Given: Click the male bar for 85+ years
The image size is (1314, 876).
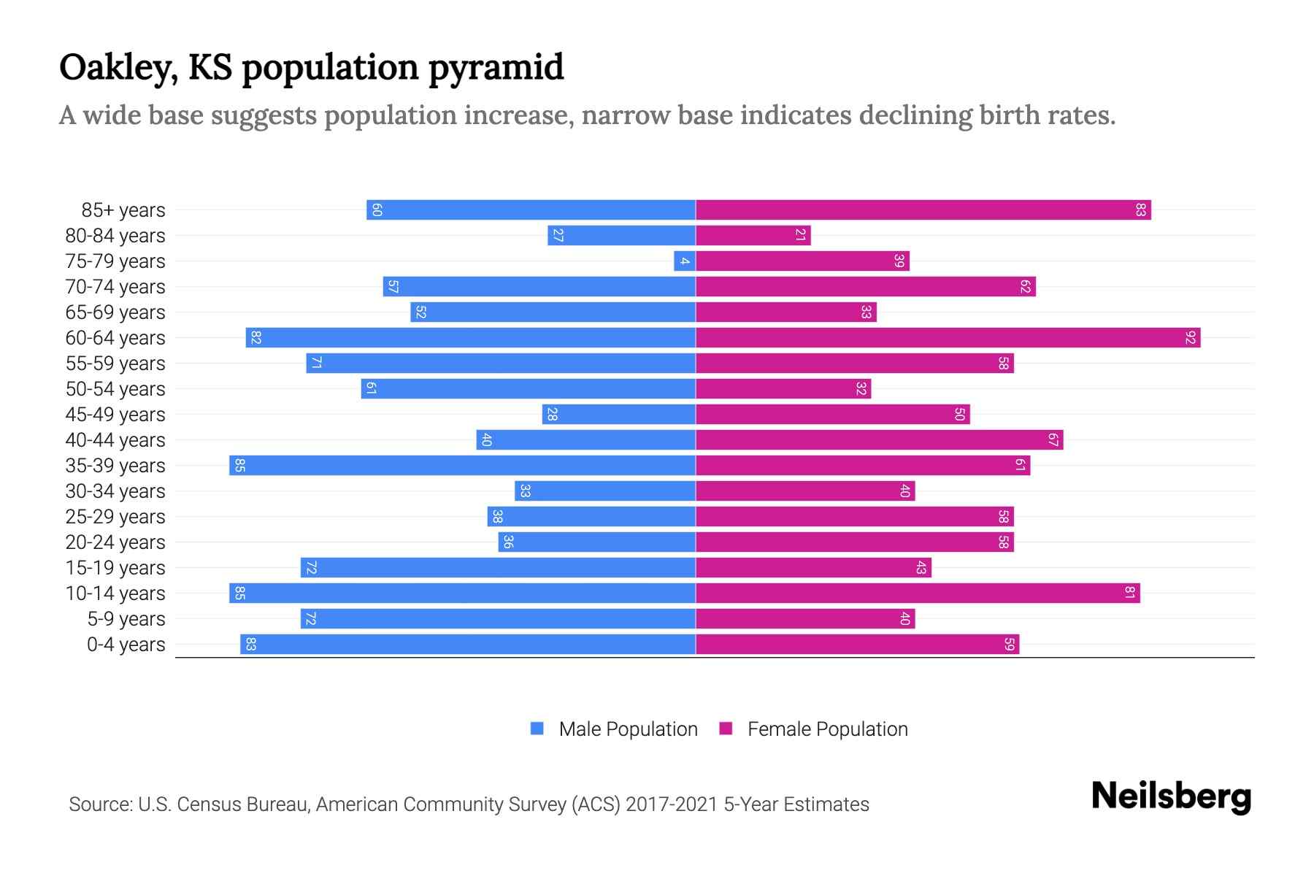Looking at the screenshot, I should click(531, 210).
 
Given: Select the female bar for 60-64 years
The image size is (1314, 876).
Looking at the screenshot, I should click(948, 338).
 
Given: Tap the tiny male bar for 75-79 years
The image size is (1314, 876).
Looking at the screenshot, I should click(685, 261).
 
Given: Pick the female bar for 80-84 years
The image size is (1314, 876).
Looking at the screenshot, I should click(753, 236).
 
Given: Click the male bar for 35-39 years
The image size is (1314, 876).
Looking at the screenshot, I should click(462, 466).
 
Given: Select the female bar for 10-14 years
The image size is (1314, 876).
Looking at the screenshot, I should click(918, 593).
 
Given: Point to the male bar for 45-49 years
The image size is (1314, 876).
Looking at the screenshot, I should click(618, 415).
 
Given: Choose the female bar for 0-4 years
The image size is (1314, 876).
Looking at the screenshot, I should click(857, 645).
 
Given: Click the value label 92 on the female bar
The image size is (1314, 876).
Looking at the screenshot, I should click(1191, 338).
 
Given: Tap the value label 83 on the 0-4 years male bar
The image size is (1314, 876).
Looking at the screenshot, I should click(250, 645).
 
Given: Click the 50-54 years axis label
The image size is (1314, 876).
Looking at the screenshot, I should click(115, 389).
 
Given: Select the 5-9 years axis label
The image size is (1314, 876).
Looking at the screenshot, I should click(126, 619).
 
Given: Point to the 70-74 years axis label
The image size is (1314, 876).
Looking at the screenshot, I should click(115, 287).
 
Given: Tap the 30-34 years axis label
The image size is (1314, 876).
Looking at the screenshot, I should click(115, 491).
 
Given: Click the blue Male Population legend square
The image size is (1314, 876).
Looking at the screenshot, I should click(537, 729).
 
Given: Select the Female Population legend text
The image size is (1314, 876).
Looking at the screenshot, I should click(827, 729).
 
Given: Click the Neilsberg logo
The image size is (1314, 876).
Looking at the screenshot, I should click(1171, 796).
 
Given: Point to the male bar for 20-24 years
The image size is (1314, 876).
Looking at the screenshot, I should click(596, 542).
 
